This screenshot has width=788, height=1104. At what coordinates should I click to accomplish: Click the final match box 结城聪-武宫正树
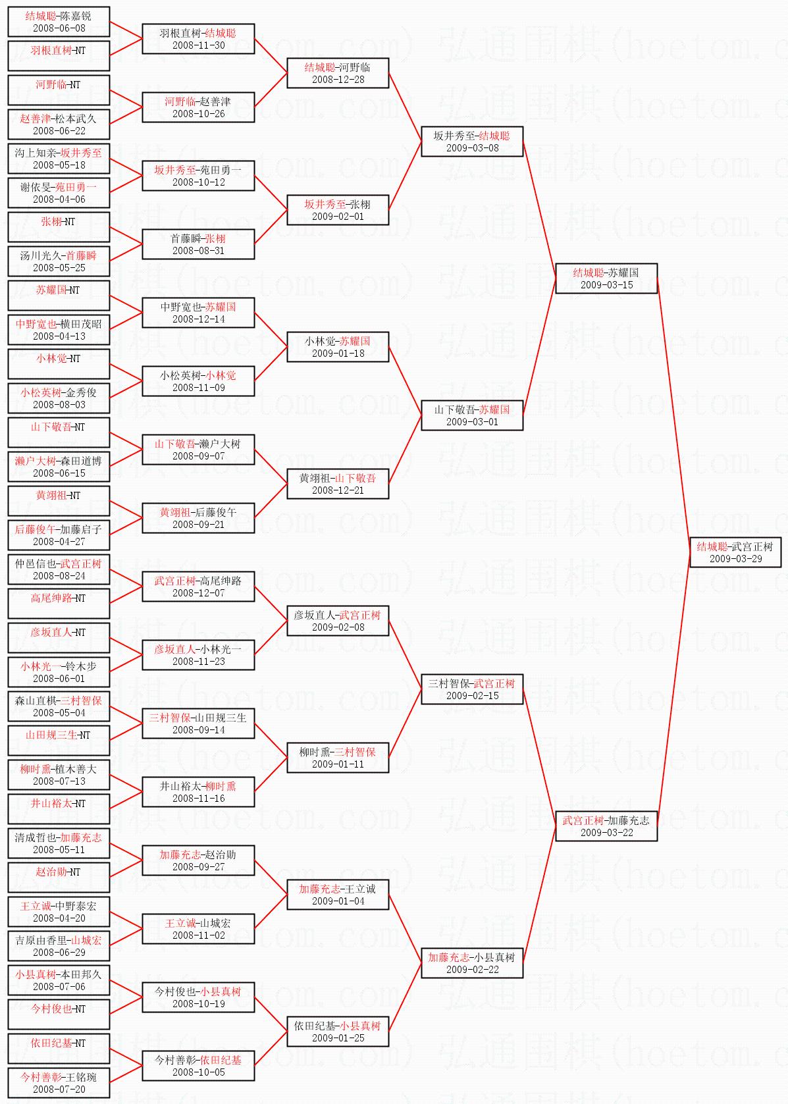[x=735, y=552]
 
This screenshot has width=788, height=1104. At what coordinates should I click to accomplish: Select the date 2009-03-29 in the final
[x=735, y=559]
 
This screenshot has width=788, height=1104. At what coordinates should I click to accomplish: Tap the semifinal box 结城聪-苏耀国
[x=606, y=278]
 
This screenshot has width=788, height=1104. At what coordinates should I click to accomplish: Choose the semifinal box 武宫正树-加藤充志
[x=606, y=826]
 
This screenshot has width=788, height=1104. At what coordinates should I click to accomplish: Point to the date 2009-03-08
[x=472, y=148]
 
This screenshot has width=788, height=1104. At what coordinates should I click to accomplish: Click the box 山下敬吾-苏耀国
[x=472, y=415]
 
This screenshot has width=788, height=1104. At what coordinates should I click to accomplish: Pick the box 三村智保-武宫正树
[x=472, y=689]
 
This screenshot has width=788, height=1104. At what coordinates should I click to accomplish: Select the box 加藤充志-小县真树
[x=472, y=962]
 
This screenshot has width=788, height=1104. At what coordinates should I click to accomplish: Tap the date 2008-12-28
[x=338, y=80]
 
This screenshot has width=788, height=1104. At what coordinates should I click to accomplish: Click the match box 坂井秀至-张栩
[x=338, y=209]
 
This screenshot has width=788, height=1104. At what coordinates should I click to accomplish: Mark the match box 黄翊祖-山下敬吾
[x=338, y=483]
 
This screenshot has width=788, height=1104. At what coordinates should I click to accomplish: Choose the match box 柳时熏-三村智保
[x=338, y=757]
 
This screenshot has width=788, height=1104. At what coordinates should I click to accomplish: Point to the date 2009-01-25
[x=338, y=1038]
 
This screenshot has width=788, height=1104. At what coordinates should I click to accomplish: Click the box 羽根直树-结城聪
[x=198, y=38]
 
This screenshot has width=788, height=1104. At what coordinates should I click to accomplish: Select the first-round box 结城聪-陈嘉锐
[x=59, y=21]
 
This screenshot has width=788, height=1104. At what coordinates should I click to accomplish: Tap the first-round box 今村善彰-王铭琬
[x=59, y=1082]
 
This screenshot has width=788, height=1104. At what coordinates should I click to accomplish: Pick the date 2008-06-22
[x=59, y=131]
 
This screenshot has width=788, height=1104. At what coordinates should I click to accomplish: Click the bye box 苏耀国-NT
[x=59, y=295]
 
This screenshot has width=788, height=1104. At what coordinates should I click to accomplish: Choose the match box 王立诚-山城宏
[x=198, y=928]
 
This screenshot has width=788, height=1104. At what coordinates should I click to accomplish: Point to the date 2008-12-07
[x=198, y=593]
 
